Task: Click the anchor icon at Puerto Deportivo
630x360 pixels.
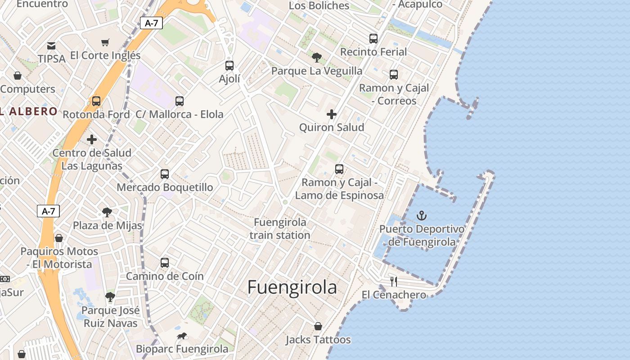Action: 422,216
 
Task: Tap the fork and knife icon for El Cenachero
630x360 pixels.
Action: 394,282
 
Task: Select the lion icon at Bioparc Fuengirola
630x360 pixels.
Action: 182,336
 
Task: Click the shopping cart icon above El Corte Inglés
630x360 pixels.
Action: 105,43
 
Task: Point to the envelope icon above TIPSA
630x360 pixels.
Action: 51,45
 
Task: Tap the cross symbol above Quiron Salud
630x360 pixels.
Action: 332,114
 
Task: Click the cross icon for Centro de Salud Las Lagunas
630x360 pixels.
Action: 92,139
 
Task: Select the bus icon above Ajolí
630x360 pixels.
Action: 229,66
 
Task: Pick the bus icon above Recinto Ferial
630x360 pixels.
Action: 373,39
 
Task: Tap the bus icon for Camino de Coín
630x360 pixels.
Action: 165,263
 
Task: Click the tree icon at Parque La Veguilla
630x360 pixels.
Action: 317,58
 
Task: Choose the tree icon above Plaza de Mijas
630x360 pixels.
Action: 107,212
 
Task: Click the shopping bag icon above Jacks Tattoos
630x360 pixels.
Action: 318,326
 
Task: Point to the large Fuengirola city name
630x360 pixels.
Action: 292,287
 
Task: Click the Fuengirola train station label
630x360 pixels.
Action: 280,229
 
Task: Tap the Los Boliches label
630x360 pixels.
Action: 319,6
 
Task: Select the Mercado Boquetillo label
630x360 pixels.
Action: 165,187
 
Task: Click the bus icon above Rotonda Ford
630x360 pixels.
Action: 96,101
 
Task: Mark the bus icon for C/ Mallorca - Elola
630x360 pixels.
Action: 180,101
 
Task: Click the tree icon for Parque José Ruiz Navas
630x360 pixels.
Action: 110,297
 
